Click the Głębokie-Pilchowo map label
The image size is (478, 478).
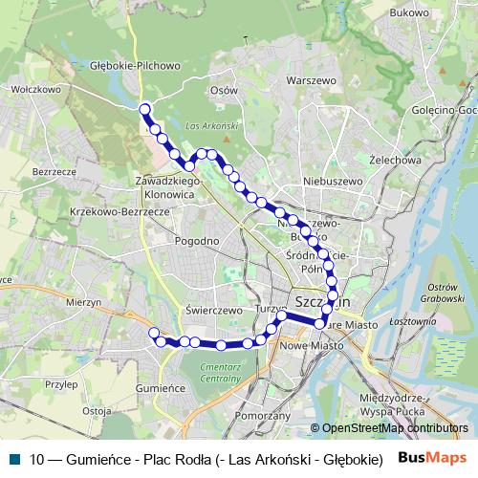[x=135, y=66]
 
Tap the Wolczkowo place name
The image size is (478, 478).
[x=34, y=89]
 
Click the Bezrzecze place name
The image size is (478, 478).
[x=53, y=171]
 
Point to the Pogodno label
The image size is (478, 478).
[x=198, y=241]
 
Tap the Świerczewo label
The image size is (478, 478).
[x=210, y=310]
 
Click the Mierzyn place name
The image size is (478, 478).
[x=84, y=301]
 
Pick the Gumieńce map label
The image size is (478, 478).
[x=160, y=389]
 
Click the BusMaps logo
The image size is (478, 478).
[x=433, y=458]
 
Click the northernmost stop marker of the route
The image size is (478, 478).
[x=144, y=108]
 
